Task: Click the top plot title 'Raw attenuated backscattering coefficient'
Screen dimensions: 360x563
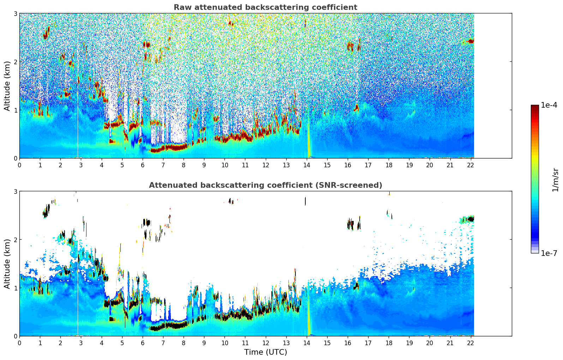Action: [265, 7]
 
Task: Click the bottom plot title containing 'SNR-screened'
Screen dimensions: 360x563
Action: [265, 185]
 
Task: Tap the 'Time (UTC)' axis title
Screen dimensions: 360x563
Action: [265, 352]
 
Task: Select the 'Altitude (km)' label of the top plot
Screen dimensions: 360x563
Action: [7, 86]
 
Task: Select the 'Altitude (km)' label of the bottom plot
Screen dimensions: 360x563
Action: [7, 264]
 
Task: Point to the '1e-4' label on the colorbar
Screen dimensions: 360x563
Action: [549, 105]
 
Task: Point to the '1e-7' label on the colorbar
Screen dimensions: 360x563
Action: [549, 253]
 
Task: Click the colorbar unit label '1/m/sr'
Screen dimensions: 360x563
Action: [555, 180]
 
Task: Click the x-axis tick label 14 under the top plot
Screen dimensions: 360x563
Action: [306, 165]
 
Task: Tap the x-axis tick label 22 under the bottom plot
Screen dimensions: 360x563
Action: [471, 343]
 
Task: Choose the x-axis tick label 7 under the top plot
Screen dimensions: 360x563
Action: [163, 165]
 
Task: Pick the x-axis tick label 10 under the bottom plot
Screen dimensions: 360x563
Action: [224, 343]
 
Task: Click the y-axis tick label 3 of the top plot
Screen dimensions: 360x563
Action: [16, 13]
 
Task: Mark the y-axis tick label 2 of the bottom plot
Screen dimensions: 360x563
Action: [16, 240]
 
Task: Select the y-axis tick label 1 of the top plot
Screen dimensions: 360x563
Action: [16, 110]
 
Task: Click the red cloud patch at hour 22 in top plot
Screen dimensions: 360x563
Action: [470, 41]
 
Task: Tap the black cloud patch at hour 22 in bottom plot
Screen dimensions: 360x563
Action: [470, 219]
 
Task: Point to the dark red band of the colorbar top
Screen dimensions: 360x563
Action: [534, 107]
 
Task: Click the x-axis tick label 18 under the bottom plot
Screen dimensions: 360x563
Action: [389, 343]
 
